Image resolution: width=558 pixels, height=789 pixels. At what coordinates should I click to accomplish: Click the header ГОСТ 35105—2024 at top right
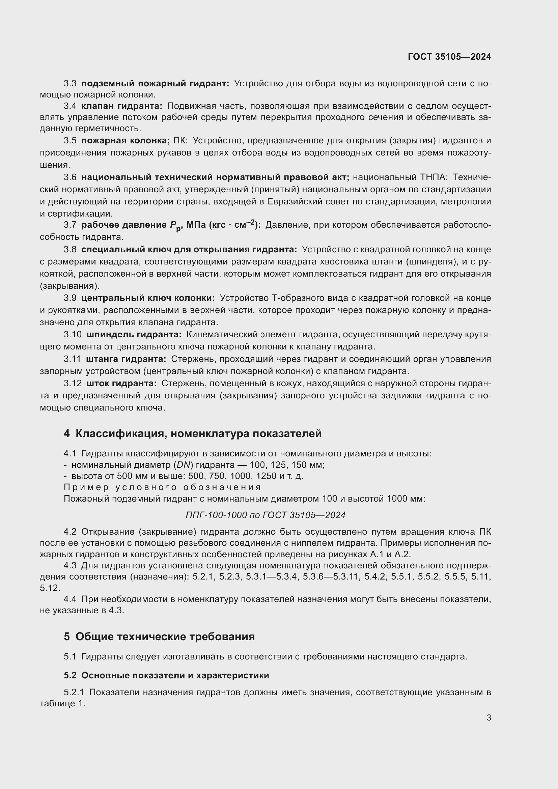coord(449,57)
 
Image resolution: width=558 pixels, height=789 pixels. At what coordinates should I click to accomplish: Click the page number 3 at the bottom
coord(489,717)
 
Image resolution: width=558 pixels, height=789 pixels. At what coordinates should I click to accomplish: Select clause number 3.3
coord(70,84)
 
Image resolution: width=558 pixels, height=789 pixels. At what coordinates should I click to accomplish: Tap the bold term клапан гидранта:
coord(122,106)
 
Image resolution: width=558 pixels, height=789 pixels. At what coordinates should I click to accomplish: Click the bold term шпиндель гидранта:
coord(134,334)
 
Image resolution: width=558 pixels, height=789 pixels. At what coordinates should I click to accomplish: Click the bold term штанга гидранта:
coord(126,359)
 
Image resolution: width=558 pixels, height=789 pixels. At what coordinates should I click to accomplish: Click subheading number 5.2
coord(70,676)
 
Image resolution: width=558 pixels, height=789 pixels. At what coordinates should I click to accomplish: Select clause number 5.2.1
coord(74,693)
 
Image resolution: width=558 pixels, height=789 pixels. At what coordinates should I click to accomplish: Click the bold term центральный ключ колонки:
coord(148,298)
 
